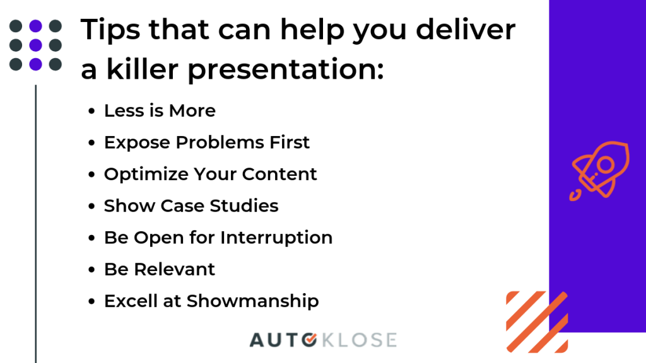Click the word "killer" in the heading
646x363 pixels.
(142, 69)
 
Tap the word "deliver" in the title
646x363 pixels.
(466, 29)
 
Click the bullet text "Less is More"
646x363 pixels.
(160, 111)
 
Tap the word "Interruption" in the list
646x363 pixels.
(276, 238)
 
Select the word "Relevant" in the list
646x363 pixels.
(174, 270)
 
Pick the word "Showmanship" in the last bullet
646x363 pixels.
(252, 301)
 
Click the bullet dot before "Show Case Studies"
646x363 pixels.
(91, 206)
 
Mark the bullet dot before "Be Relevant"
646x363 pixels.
(91, 270)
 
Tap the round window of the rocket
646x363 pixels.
(606, 166)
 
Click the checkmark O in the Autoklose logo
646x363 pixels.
(309, 340)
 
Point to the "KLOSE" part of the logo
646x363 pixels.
(359, 340)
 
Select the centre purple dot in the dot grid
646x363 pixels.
(35, 45)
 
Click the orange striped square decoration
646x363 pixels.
(537, 322)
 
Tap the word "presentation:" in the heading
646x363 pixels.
(286, 70)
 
